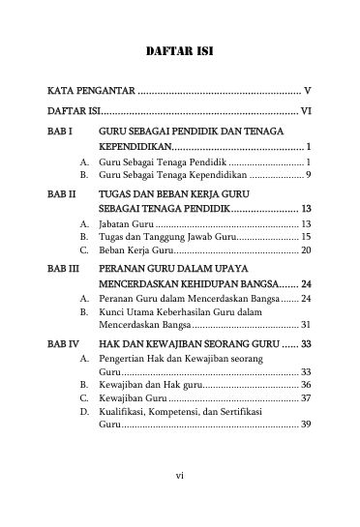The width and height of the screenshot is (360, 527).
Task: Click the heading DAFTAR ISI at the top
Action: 179,50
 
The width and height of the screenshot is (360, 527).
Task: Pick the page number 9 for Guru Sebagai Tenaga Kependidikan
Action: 307,177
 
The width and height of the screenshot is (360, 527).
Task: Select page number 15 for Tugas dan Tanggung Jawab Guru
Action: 304,236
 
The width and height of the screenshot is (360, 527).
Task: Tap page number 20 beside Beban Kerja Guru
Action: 304,250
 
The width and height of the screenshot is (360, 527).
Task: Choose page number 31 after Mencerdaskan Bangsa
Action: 304,326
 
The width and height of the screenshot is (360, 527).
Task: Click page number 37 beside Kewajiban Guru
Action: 304,397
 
